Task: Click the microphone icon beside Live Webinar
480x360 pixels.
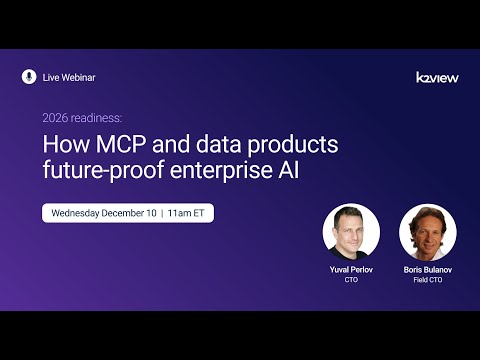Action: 28,77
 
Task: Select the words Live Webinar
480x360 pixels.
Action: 69,77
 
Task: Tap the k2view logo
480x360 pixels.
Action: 437,77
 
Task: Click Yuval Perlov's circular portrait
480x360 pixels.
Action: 351,232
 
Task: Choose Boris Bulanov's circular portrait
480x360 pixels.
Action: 427,232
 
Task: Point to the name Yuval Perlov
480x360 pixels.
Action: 351,270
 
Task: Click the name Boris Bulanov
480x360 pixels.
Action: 427,270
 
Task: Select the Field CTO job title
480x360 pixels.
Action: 427,280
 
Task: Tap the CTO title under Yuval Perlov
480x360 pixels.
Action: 351,280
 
